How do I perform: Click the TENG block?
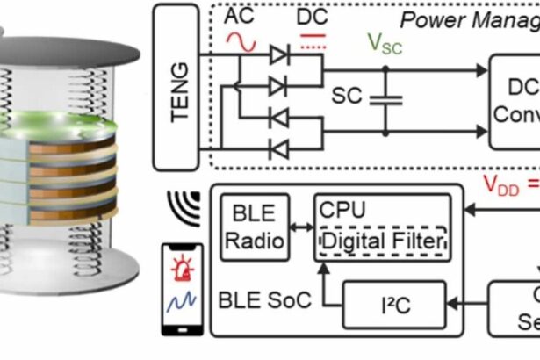tap(176, 85)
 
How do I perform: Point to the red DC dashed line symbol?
tap(313, 40)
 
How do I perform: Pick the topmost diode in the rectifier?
tap(279, 54)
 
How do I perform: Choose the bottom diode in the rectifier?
tap(279, 148)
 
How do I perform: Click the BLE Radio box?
tap(254, 227)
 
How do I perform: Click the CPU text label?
tap(342, 212)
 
